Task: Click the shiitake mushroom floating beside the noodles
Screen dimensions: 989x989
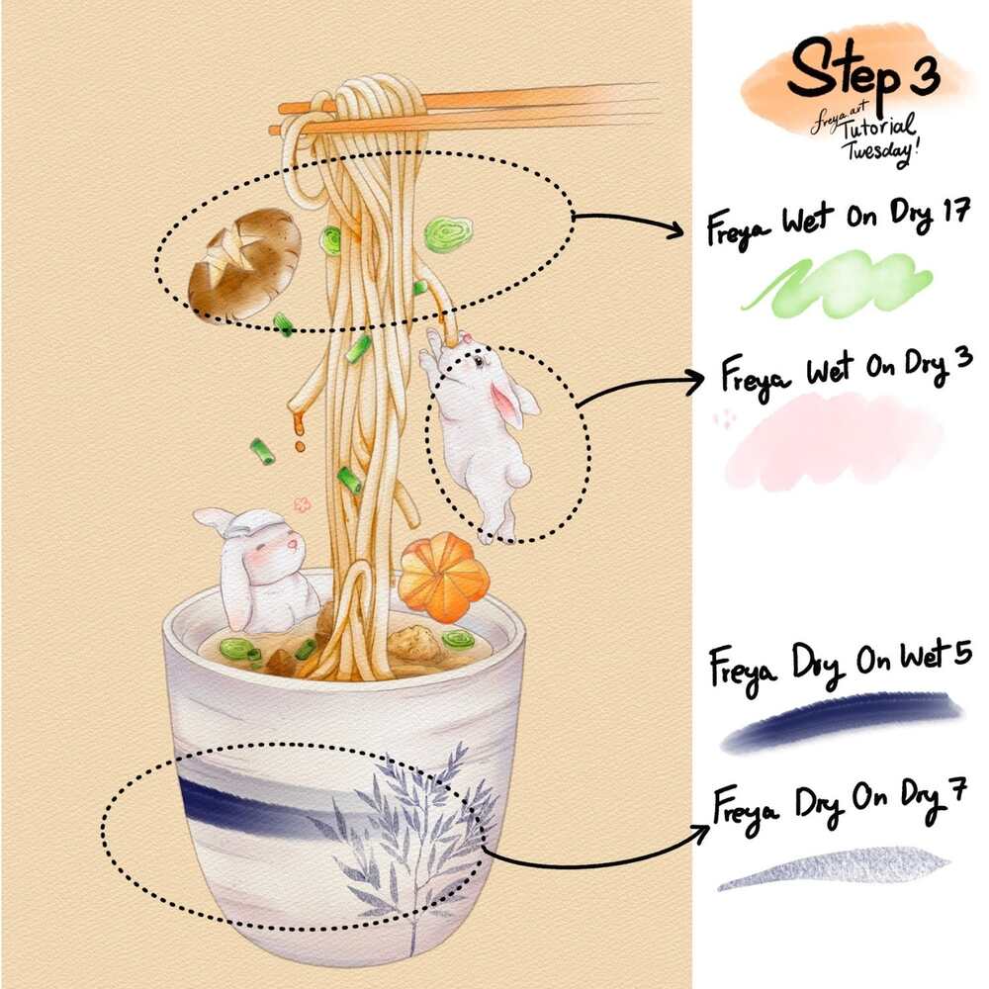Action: [244, 265]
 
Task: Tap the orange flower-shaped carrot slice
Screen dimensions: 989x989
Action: [441, 576]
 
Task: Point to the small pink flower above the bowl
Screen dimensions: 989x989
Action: [303, 504]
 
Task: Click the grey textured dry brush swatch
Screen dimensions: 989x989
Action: [833, 868]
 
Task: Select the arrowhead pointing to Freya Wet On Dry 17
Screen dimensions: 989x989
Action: [674, 228]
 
